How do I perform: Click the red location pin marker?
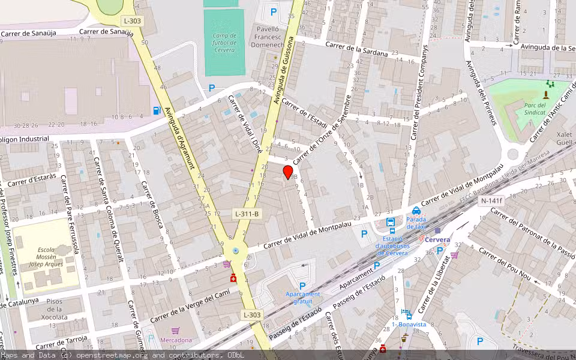click(288, 172)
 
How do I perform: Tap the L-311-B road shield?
click(247, 214)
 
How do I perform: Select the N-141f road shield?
click(491, 201)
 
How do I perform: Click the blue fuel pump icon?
click(157, 110)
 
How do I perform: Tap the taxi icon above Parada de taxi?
click(416, 211)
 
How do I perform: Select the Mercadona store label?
click(176, 340)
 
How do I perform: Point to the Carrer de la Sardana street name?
click(356, 49)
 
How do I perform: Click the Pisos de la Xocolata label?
click(55, 308)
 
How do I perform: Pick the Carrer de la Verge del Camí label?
click(190, 307)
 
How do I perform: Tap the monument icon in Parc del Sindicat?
click(546, 95)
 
